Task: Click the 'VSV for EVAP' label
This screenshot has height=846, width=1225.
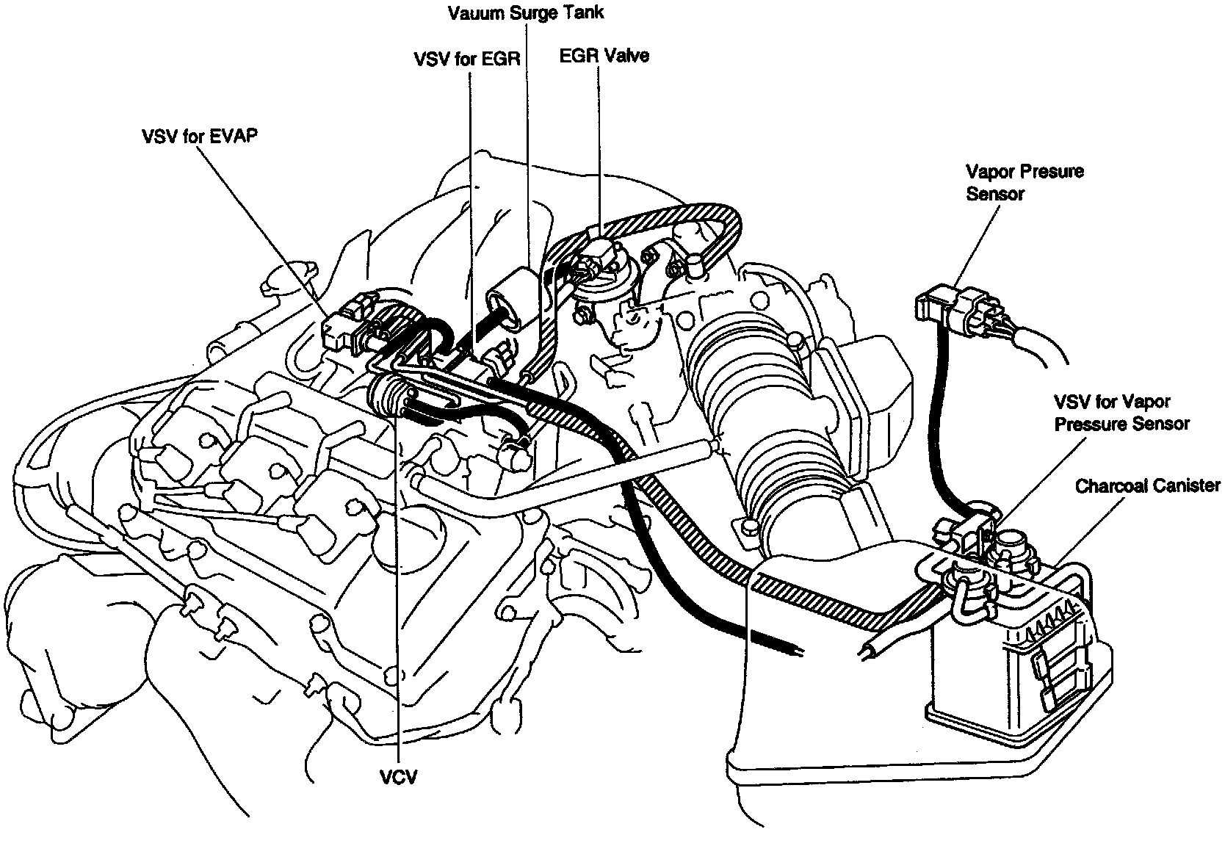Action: pos(199,137)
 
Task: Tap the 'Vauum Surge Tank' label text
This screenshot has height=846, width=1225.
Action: pos(526,12)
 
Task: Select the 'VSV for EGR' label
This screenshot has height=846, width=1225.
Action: pos(466,59)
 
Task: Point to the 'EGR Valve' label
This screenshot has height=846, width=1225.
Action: pos(604,56)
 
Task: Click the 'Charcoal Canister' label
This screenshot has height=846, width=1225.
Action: pos(1147,485)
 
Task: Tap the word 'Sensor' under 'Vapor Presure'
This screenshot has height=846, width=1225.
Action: pos(995,194)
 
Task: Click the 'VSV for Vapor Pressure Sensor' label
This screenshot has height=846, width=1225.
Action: pos(1121,413)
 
